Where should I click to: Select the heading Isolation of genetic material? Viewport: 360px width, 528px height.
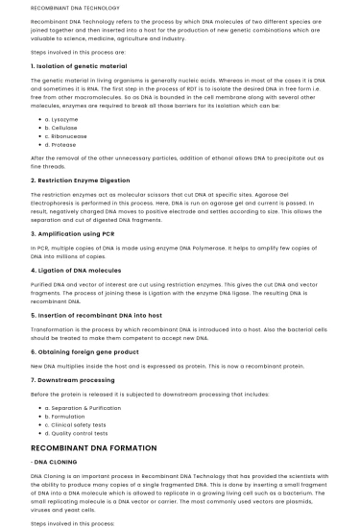[x=79, y=66]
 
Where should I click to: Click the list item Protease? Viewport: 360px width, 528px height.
[x=62, y=145]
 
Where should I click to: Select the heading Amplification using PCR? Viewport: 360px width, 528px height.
[x=76, y=233]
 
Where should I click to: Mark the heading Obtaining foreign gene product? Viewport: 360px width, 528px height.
[x=84, y=351]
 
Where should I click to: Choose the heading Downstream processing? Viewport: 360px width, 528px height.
[x=73, y=379]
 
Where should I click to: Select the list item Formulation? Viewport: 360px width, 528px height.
[x=66, y=416]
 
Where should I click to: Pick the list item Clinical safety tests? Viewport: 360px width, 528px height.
[x=78, y=424]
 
